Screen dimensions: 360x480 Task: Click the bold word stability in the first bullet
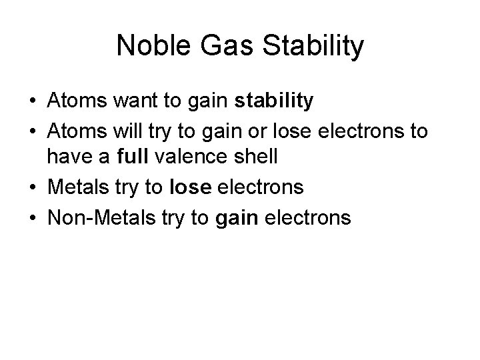(x=274, y=101)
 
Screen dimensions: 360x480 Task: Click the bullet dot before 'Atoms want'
(x=32, y=102)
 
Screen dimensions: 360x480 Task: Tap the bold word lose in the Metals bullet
(x=191, y=187)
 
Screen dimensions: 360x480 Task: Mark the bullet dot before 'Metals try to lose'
(x=32, y=188)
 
